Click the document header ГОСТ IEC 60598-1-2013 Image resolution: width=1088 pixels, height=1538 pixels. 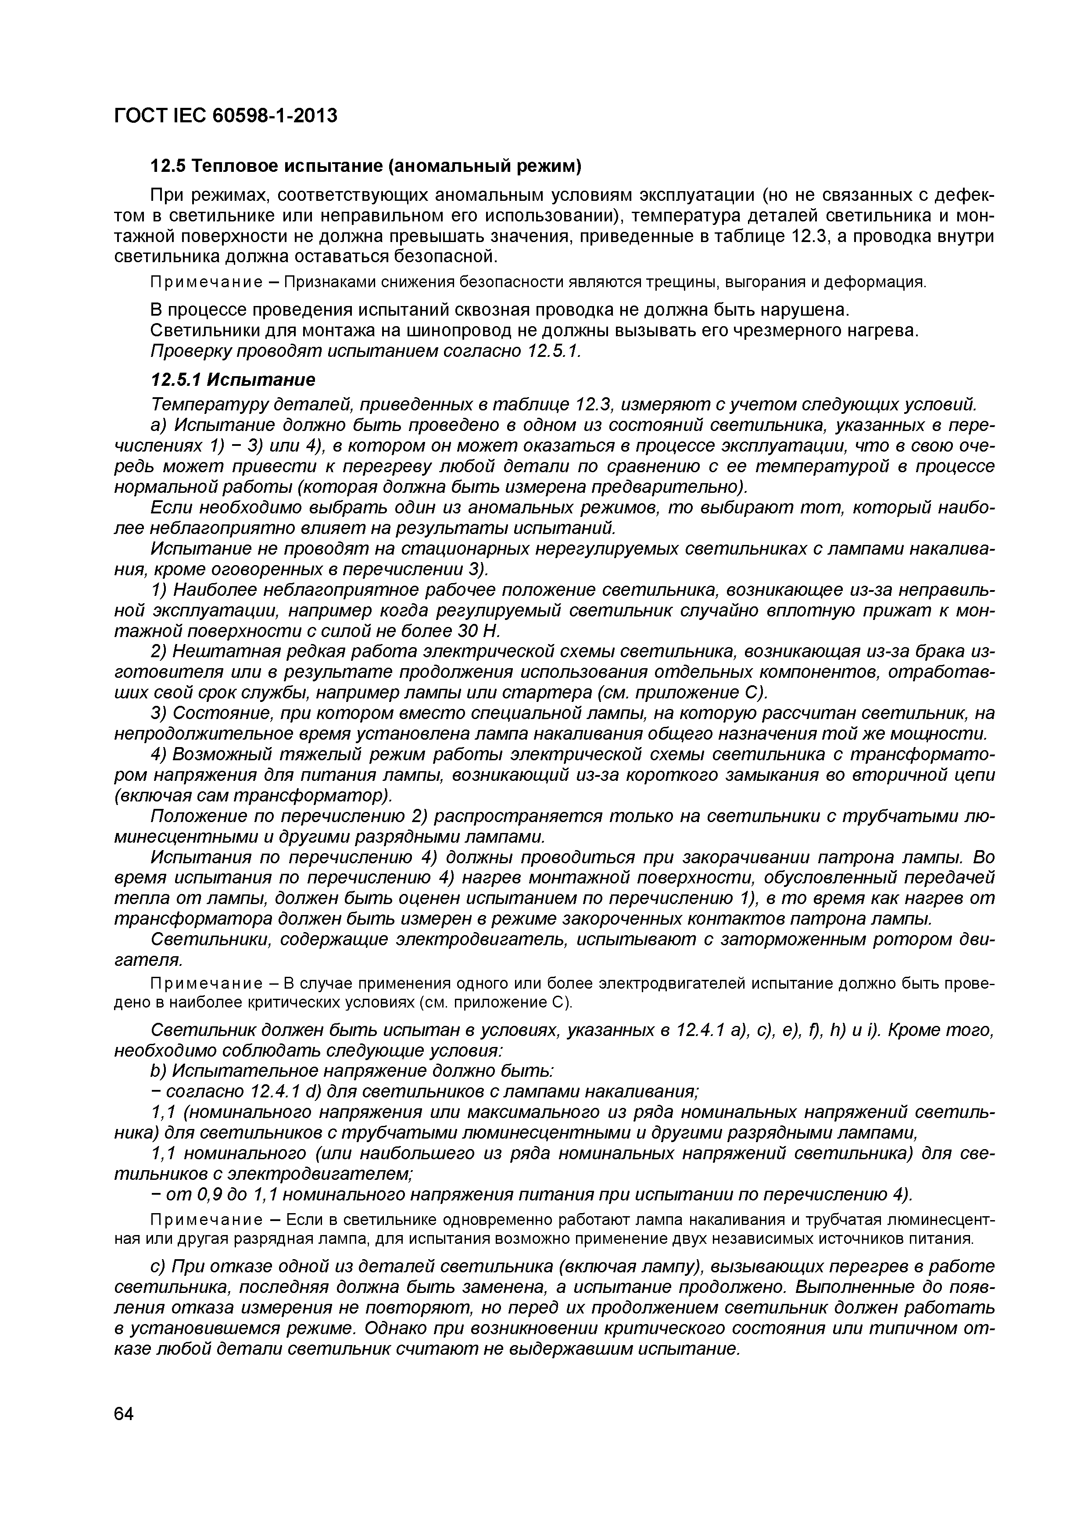(x=225, y=116)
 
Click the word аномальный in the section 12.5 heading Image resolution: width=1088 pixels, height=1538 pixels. (x=462, y=165)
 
